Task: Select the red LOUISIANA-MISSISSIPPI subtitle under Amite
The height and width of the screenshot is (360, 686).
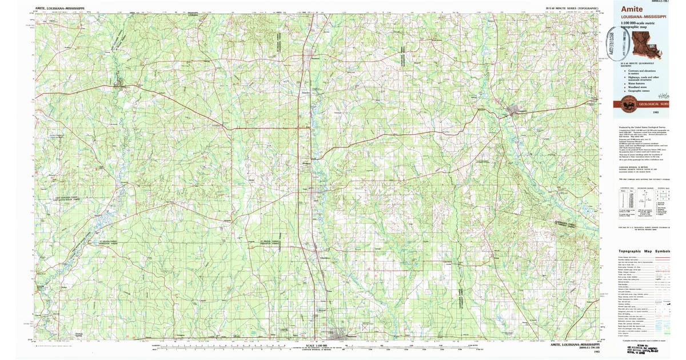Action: tap(639, 17)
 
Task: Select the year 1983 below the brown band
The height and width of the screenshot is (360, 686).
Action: tap(647, 114)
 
